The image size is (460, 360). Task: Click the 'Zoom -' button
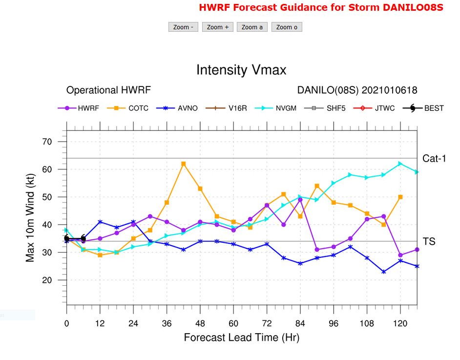click(183, 27)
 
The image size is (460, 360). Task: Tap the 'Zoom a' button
click(252, 27)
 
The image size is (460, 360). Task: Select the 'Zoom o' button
click(287, 27)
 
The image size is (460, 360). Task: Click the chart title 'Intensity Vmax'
click(241, 70)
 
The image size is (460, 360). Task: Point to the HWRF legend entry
click(79, 108)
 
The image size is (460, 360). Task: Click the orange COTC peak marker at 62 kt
click(184, 164)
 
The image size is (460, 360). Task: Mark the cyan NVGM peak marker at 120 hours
click(400, 164)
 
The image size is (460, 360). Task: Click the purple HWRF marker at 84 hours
click(300, 200)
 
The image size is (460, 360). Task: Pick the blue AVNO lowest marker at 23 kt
click(384, 272)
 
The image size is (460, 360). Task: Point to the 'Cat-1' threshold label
click(434, 158)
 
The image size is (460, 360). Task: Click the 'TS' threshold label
click(429, 241)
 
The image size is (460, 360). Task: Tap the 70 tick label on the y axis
click(48, 142)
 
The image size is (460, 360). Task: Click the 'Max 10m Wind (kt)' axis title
click(30, 218)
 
